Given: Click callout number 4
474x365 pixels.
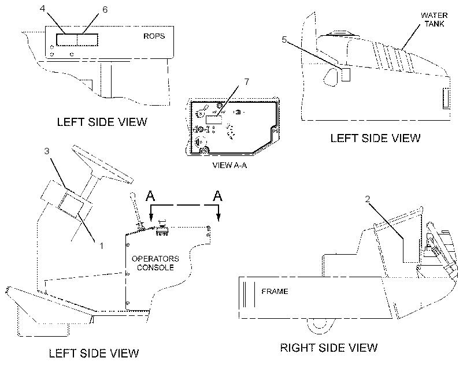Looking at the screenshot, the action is click(x=42, y=9).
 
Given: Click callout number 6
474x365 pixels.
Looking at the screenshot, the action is click(x=105, y=10).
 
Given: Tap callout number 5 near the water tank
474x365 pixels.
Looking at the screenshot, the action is click(x=284, y=39).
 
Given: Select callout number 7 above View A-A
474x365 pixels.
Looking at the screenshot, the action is click(x=247, y=82).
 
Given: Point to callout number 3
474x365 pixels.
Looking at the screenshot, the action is click(x=47, y=151).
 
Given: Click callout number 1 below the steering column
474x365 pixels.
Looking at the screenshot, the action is click(x=102, y=246).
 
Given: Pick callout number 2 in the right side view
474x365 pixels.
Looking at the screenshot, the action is click(x=367, y=199).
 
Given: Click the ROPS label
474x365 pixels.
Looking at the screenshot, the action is click(x=154, y=36).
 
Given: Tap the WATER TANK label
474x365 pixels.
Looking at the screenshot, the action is click(x=434, y=19).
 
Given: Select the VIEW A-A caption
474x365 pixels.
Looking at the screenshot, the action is click(x=229, y=165).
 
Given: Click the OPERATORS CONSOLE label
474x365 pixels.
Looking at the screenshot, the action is click(x=155, y=263).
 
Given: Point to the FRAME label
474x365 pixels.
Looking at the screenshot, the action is click(x=275, y=291).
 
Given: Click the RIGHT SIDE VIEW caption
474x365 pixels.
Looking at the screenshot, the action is click(x=329, y=348).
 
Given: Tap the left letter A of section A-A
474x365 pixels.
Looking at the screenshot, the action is click(x=150, y=196).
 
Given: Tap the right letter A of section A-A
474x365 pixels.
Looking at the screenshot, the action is click(x=218, y=196).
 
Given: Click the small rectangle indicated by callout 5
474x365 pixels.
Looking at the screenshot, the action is click(x=346, y=75).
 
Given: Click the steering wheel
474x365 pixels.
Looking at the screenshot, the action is click(x=102, y=164).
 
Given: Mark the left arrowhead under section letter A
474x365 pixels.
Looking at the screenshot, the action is click(x=151, y=217).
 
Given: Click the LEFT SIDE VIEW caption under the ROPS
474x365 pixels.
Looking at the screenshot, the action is click(x=102, y=122).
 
